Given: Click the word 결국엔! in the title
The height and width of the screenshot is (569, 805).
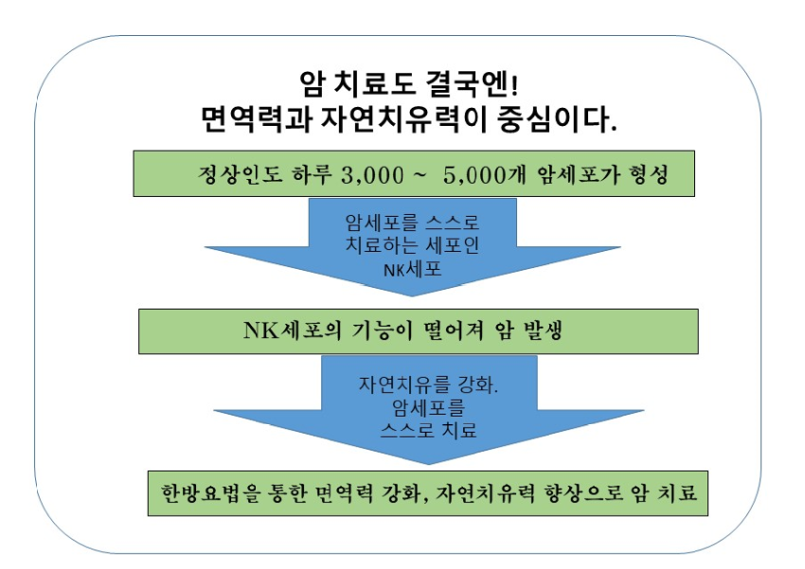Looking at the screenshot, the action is coord(473,83).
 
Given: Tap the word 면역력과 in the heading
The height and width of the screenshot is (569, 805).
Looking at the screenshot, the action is coord(257,119).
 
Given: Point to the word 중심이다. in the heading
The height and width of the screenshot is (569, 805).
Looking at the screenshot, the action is coord(557,119).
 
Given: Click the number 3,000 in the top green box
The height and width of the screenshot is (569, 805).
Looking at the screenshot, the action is coord(372,175).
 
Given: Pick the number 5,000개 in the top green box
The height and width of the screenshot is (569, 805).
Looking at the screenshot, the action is coord(485,175).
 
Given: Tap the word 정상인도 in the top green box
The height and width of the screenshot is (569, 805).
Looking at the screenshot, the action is coord(241,174).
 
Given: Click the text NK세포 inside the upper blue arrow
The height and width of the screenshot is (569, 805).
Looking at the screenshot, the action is coord(412,269).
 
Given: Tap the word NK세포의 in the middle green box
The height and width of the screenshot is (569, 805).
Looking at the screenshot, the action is coord(293,330).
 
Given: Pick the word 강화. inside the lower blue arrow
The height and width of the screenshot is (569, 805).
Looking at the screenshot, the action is coord(478,384).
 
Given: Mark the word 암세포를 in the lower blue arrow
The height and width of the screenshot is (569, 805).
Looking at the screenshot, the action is coord(429,408).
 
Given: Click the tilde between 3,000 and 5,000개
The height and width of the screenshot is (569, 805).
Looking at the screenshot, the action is coord(419,174).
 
